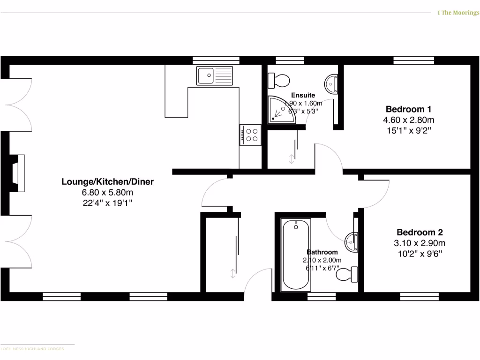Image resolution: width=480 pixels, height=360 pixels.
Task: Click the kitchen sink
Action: pos(215,75)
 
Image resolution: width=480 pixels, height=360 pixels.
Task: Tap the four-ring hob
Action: pos(250,135)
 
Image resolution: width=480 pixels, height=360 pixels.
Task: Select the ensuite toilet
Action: pos(278,80)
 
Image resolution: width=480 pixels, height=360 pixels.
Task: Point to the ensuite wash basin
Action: pos(331,84)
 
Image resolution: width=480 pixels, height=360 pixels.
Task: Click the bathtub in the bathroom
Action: pos(296,255)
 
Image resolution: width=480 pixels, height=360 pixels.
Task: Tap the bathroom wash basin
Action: pos(352,241)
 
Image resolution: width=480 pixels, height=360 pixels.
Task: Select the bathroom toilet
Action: pos(347,274)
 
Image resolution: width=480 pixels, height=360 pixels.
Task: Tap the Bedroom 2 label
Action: pos(420,232)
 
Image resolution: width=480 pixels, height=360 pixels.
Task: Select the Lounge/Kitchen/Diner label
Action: pos(107,181)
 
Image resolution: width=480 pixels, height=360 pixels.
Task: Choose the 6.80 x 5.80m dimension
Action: pos(107,193)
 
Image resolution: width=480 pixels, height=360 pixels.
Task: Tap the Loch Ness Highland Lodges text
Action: pos(32,349)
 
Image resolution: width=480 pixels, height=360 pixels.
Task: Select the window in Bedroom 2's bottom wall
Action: pos(420,296)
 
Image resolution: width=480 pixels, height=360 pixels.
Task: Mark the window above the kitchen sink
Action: pos(216,60)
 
